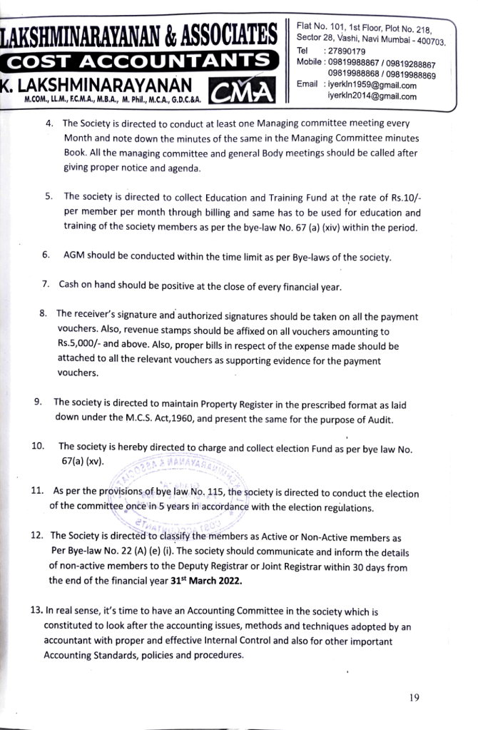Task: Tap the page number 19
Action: click(x=415, y=698)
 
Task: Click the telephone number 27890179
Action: click(x=346, y=51)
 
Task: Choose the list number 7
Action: click(x=46, y=284)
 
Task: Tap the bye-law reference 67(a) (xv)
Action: click(x=83, y=460)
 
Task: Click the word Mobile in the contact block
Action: click(x=310, y=62)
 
